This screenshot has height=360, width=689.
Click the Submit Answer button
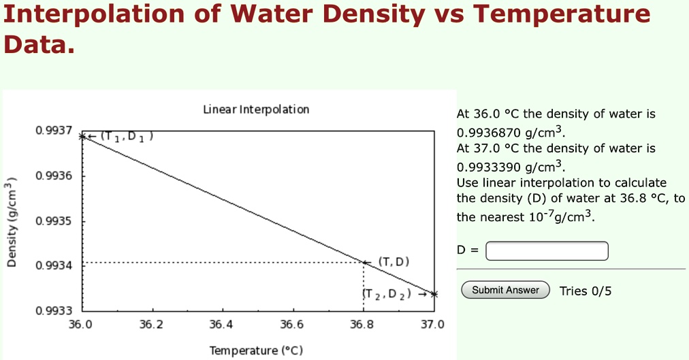point(505,290)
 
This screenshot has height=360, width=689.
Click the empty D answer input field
point(547,251)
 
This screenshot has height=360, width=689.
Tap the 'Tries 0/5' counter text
point(586,291)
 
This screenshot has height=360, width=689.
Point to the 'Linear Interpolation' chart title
point(256,110)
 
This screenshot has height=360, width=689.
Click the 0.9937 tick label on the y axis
point(54,130)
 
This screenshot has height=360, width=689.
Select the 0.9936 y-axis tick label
point(54,176)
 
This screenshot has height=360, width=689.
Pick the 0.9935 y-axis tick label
point(54,221)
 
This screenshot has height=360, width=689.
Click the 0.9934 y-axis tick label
point(54,265)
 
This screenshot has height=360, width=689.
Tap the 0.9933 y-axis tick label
point(54,311)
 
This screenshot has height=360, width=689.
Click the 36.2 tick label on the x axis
point(150,325)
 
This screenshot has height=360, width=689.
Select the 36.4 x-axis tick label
point(221,325)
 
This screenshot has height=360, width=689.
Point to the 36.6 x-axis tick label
point(291,325)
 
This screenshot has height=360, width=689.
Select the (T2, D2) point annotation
point(387,294)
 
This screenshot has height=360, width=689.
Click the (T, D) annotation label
point(394,262)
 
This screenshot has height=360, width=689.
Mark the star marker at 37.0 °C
point(433,294)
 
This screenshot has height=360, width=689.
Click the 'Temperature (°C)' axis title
point(256,350)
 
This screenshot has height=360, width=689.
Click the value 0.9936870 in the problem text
point(490,132)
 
